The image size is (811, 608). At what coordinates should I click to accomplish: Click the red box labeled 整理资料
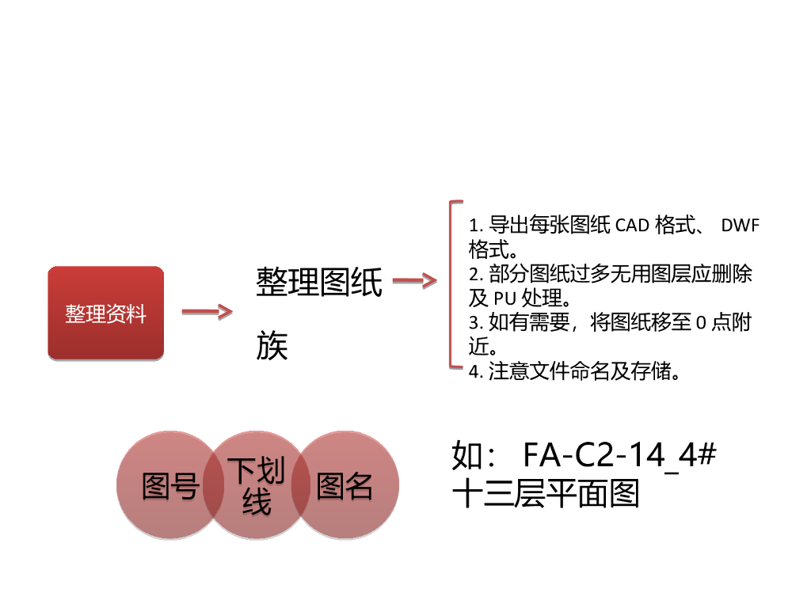[x=106, y=313]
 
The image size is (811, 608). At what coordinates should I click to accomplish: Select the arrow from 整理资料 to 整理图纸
[x=207, y=312]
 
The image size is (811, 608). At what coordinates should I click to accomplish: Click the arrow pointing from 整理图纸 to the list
[x=414, y=281]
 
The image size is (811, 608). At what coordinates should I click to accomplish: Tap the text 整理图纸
[x=319, y=283]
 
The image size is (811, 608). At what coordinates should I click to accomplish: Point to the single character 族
[x=272, y=347]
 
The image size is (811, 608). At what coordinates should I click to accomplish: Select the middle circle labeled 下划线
[x=257, y=486]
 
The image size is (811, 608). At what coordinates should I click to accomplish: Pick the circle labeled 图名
[x=345, y=486]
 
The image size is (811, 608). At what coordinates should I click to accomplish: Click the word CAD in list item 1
[x=632, y=226]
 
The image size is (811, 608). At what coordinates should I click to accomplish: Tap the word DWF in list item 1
[x=741, y=226]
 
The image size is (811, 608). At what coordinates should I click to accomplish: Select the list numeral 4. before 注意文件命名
[x=475, y=372]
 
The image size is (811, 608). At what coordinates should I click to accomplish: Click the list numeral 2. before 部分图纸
[x=475, y=275]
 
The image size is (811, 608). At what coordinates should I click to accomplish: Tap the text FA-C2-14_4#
[x=620, y=457]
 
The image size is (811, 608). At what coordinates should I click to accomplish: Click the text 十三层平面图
[x=546, y=495]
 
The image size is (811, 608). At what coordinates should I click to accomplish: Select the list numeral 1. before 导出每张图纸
[x=475, y=226]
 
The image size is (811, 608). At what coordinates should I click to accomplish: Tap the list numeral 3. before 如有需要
[x=475, y=323]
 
